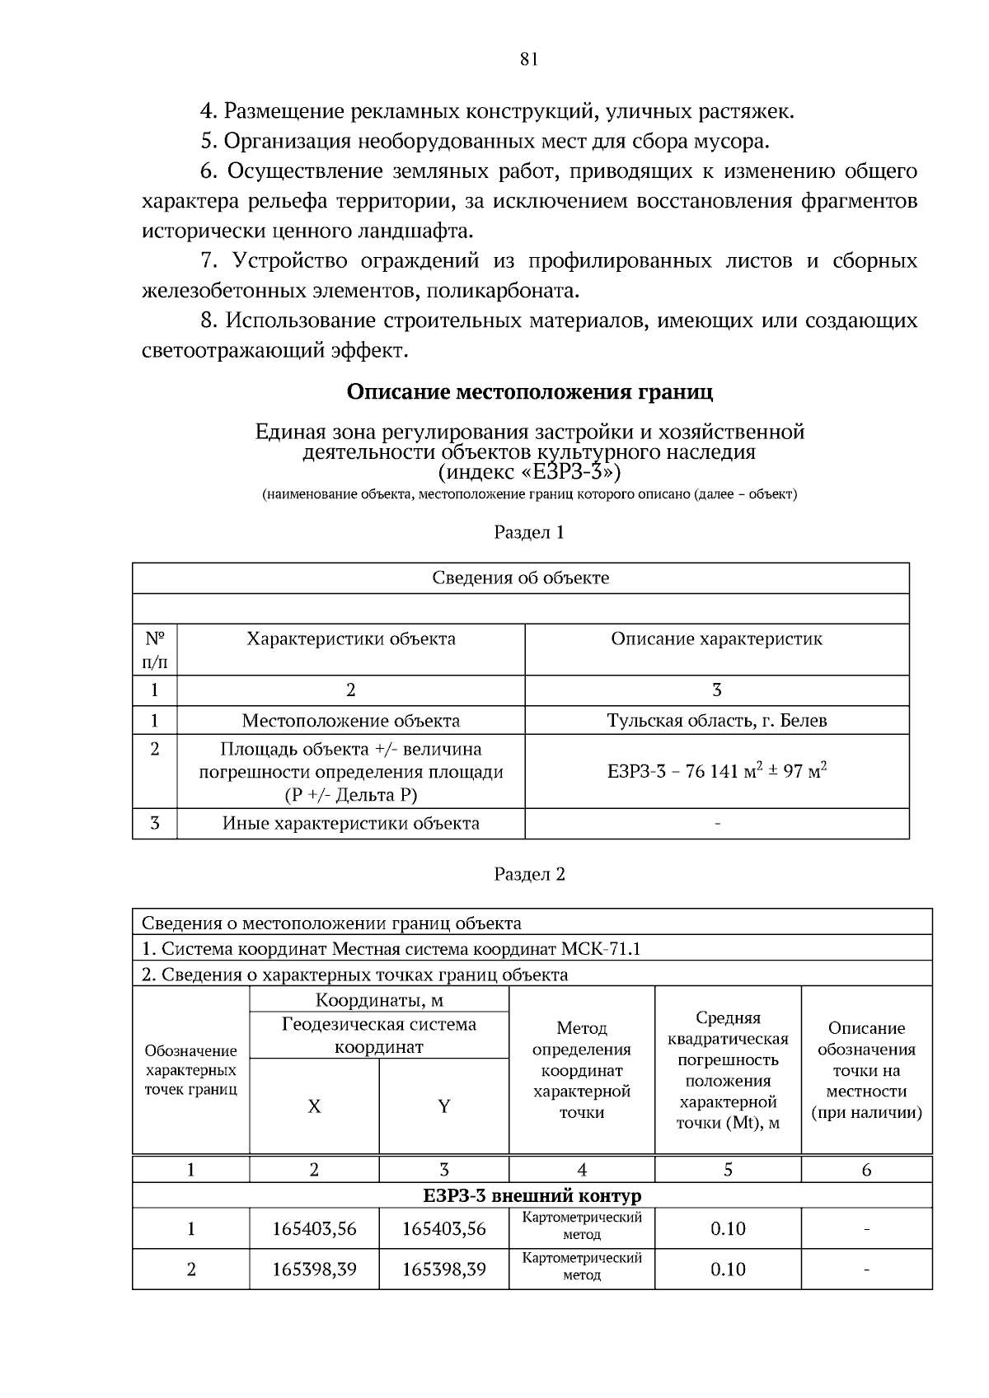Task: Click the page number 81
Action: click(x=529, y=58)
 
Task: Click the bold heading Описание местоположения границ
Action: click(x=529, y=391)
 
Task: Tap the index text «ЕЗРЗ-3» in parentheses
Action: click(x=529, y=472)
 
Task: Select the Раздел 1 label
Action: click(x=529, y=532)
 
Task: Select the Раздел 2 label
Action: click(x=529, y=874)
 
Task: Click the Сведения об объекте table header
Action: click(x=521, y=577)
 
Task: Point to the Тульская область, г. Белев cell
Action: click(x=716, y=720)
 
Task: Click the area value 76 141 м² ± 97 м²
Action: click(x=716, y=771)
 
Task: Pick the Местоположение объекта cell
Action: click(x=350, y=720)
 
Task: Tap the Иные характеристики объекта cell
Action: click(x=350, y=823)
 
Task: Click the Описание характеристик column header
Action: click(x=716, y=638)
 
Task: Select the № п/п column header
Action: click(x=155, y=649)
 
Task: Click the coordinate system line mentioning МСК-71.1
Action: click(x=391, y=948)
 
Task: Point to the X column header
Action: click(x=314, y=1106)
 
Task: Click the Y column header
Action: click(x=443, y=1106)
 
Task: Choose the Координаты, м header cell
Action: click(x=379, y=1000)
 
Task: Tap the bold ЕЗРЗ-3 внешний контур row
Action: click(x=532, y=1195)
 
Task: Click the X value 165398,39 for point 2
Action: click(x=314, y=1269)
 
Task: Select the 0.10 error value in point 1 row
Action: click(x=728, y=1228)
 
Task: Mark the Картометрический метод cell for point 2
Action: click(x=582, y=1267)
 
